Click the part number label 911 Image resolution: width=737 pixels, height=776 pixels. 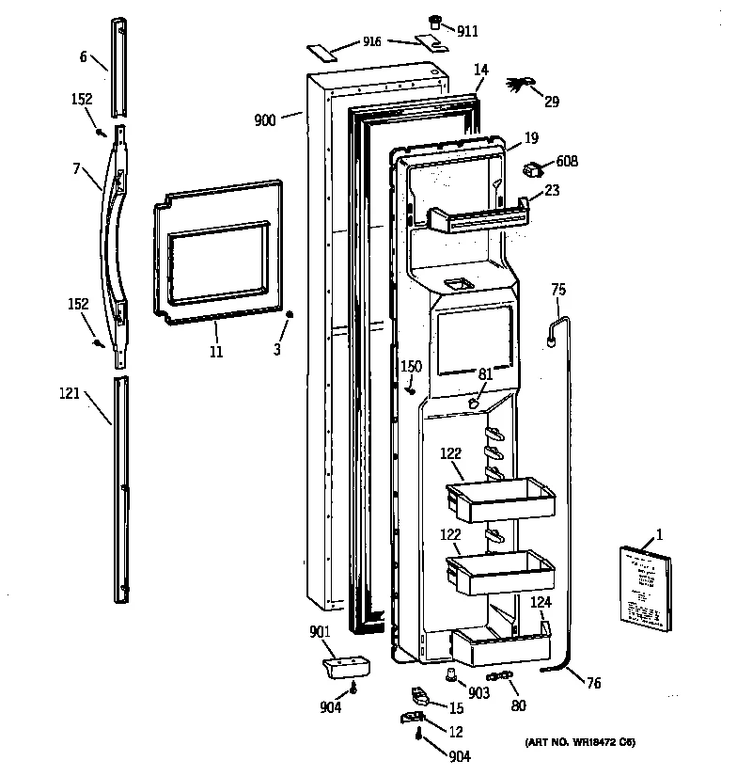click(x=467, y=31)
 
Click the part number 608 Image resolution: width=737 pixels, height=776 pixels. click(x=567, y=162)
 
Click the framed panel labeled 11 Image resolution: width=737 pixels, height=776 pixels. click(x=217, y=254)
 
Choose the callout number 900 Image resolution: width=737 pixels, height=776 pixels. click(x=265, y=119)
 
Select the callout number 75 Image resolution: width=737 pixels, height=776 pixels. click(x=558, y=290)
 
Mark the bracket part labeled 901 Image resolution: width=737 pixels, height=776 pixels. click(x=345, y=667)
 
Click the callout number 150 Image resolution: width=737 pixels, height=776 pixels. click(x=411, y=366)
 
